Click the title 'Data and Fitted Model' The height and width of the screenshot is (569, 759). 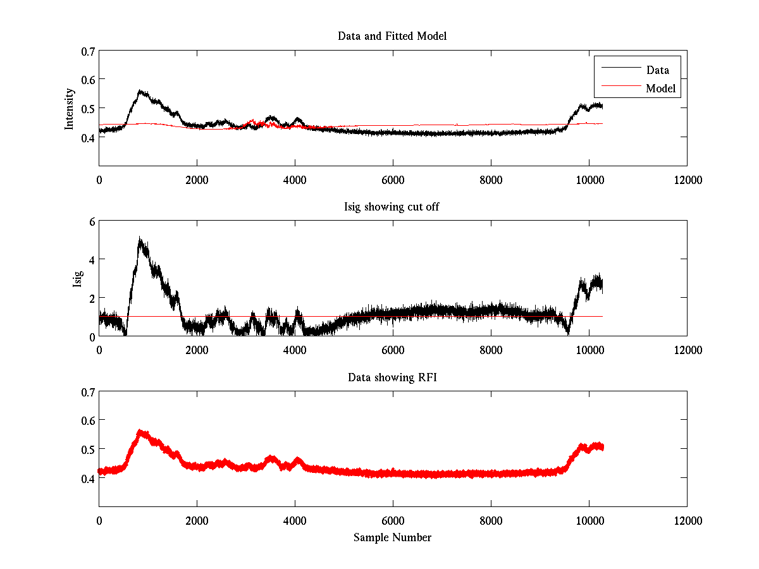pos(392,36)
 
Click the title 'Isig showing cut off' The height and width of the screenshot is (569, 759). pos(392,207)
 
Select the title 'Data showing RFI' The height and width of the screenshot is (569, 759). pos(392,377)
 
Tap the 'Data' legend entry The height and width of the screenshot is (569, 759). pos(657,70)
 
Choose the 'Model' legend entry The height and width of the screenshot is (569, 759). pos(660,89)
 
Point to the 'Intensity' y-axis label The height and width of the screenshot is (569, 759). pos(70,109)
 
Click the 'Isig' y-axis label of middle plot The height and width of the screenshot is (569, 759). pos(77,278)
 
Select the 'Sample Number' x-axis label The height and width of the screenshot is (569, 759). pos(392,537)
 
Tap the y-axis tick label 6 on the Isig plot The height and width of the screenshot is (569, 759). pos(91,221)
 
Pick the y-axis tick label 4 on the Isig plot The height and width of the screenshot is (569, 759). pos(91,259)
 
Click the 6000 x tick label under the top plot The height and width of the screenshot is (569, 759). pos(393,180)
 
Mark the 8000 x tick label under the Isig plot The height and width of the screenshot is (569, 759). pos(491,350)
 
